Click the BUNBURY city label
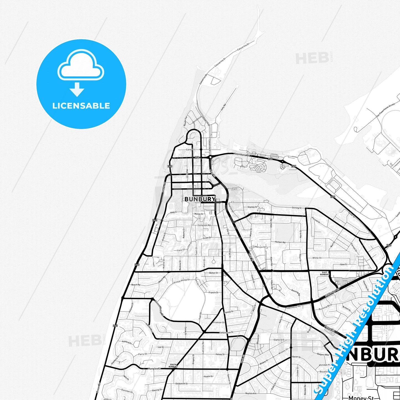tap(200, 199)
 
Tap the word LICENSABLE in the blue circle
tap(81, 106)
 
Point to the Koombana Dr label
tap(242, 154)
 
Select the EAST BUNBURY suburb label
tap(325, 273)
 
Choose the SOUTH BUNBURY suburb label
tap(173, 366)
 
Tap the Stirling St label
tap(296, 208)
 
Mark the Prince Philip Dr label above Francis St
tap(182, 281)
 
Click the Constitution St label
tap(226, 332)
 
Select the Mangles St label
tap(154, 369)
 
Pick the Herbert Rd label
tap(280, 242)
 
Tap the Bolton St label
tap(213, 273)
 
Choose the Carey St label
tap(190, 150)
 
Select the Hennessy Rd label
tap(293, 307)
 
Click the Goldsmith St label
tap(182, 384)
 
